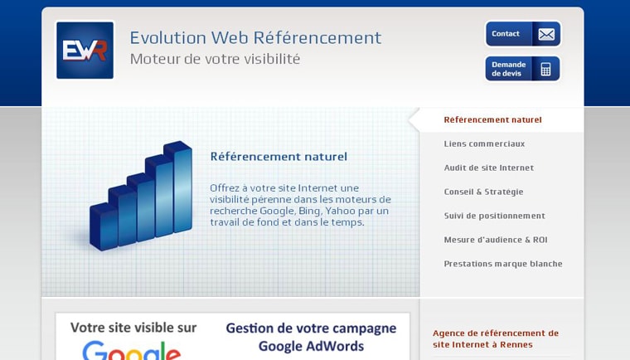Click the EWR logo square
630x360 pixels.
(85, 51)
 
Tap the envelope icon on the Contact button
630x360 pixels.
(545, 34)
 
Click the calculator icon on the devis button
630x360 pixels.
(545, 69)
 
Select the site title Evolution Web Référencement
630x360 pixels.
(255, 37)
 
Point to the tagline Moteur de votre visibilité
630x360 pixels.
(215, 59)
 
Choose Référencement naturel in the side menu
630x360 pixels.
(492, 119)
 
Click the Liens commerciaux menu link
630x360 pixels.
(484, 144)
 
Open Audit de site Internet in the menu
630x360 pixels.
(488, 168)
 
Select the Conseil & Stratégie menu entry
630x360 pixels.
(483, 192)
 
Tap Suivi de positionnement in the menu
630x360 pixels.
(494, 216)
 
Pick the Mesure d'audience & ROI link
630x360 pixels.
(495, 240)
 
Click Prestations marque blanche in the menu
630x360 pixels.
(502, 264)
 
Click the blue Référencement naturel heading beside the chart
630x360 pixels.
(279, 156)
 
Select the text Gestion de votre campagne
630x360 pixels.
(311, 328)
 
